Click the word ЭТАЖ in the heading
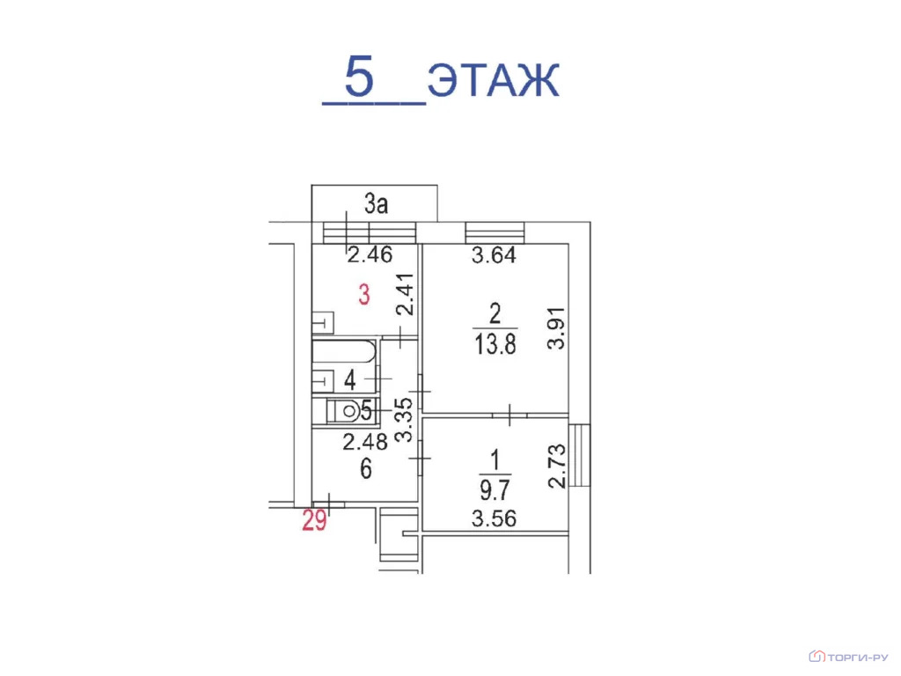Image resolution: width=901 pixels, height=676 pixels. point(493,80)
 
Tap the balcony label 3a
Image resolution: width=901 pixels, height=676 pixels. point(377,203)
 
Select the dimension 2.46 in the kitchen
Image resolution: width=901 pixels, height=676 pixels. point(370,254)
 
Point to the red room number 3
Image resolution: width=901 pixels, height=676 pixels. point(363,295)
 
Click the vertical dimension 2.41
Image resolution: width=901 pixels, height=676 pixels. point(405,294)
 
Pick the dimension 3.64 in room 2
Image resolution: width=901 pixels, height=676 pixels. point(494,254)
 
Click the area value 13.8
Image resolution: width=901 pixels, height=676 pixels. point(494,344)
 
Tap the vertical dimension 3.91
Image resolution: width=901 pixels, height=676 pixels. point(556,328)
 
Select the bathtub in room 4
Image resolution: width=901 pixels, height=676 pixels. point(344,351)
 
